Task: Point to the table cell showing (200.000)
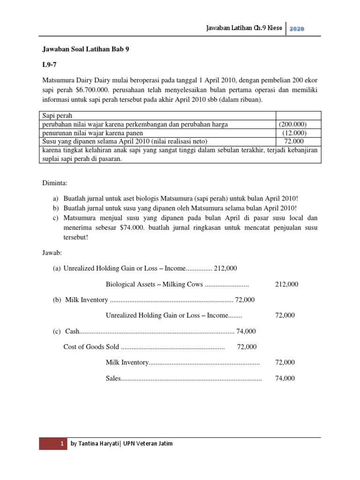[x=293, y=125]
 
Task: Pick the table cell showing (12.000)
[x=295, y=133]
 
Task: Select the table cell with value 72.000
[x=294, y=141]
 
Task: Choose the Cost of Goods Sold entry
[x=91, y=347]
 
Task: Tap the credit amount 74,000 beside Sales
[x=285, y=378]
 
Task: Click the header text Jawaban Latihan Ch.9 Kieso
[x=243, y=29]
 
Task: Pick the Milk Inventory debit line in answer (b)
[x=85, y=300]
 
